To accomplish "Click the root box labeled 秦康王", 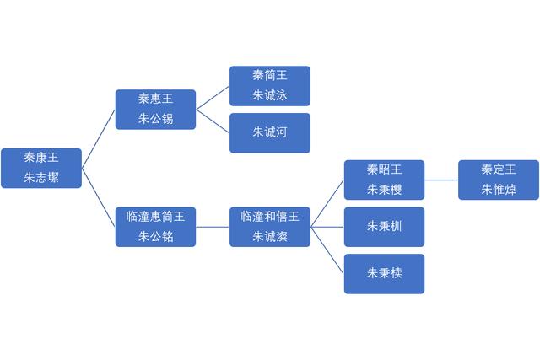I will coord(41,168).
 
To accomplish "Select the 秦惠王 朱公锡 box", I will coord(155,109).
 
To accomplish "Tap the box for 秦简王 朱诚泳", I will coord(270,85).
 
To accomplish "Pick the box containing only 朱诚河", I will coord(270,132).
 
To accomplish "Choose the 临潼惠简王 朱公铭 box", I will coord(155,226).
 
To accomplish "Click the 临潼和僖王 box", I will coord(270,226).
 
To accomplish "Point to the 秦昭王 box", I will coord(384,179).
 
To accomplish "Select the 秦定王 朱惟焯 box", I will coord(499,179).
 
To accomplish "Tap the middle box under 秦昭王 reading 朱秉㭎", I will coord(384,226).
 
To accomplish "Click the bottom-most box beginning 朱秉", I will coord(384,273).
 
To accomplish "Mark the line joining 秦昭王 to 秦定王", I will coord(441,179).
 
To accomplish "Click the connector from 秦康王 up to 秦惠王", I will coord(99,138).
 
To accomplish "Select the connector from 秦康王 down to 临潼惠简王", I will coord(99,197).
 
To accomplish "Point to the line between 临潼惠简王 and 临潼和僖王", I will coord(213,226).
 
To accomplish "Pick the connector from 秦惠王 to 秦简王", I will coord(213,97).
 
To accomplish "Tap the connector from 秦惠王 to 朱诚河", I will coord(213,121).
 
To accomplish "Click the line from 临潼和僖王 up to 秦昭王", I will coord(327,202).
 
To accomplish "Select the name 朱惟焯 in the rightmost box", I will coord(499,189).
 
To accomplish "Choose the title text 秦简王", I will coord(270,75).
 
